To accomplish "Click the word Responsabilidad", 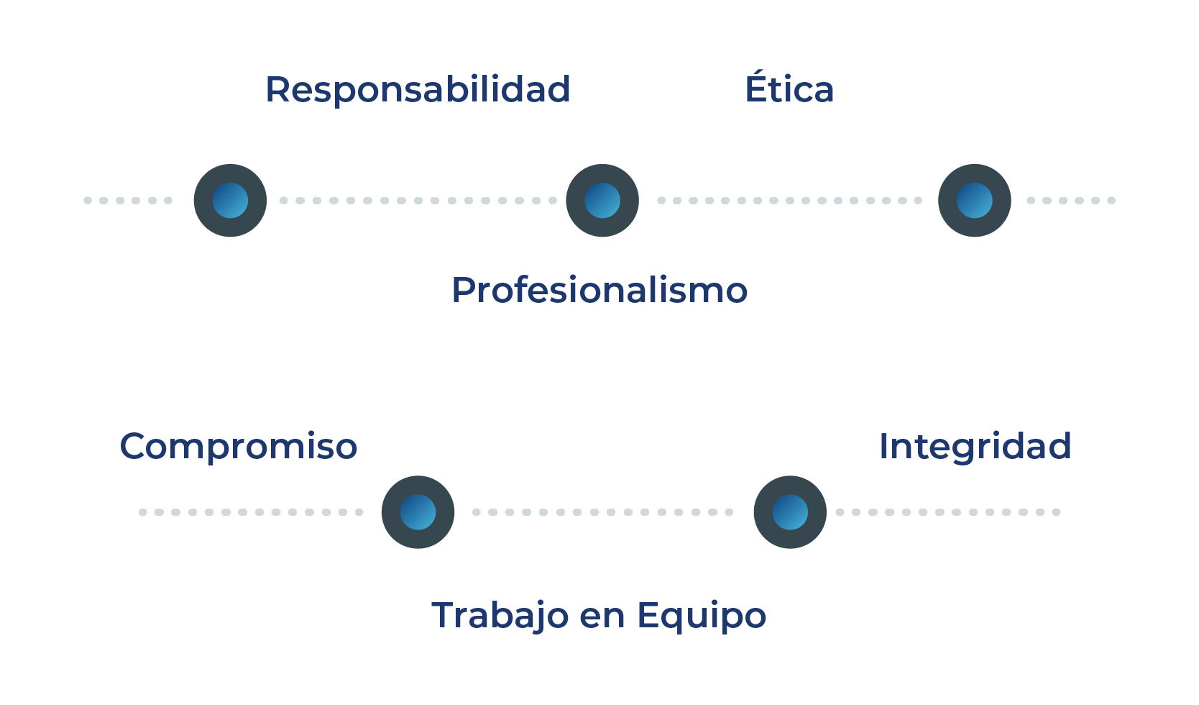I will pos(418,90).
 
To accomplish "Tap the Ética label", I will pos(789,88).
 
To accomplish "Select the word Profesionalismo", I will pos(599,291).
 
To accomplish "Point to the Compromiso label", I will pos(239,446).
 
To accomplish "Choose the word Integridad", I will pos(975,446).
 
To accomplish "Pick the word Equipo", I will pos(702,617).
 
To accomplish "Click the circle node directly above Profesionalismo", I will pos(602,200).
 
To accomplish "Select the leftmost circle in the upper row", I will pos(230,200).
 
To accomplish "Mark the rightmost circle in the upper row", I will pos(974,200).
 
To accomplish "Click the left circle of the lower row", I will pos(418,512).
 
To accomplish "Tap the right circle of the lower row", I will pos(790,512).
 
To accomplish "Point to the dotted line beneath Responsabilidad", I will pos(417,200).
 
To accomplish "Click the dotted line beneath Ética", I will pos(789,200).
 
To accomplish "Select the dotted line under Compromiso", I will pos(252,512).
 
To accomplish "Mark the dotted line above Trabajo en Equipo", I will pos(602,512).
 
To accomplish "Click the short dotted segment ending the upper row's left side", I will pos(128,200).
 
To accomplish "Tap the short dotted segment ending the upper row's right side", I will pos(1071,200).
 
